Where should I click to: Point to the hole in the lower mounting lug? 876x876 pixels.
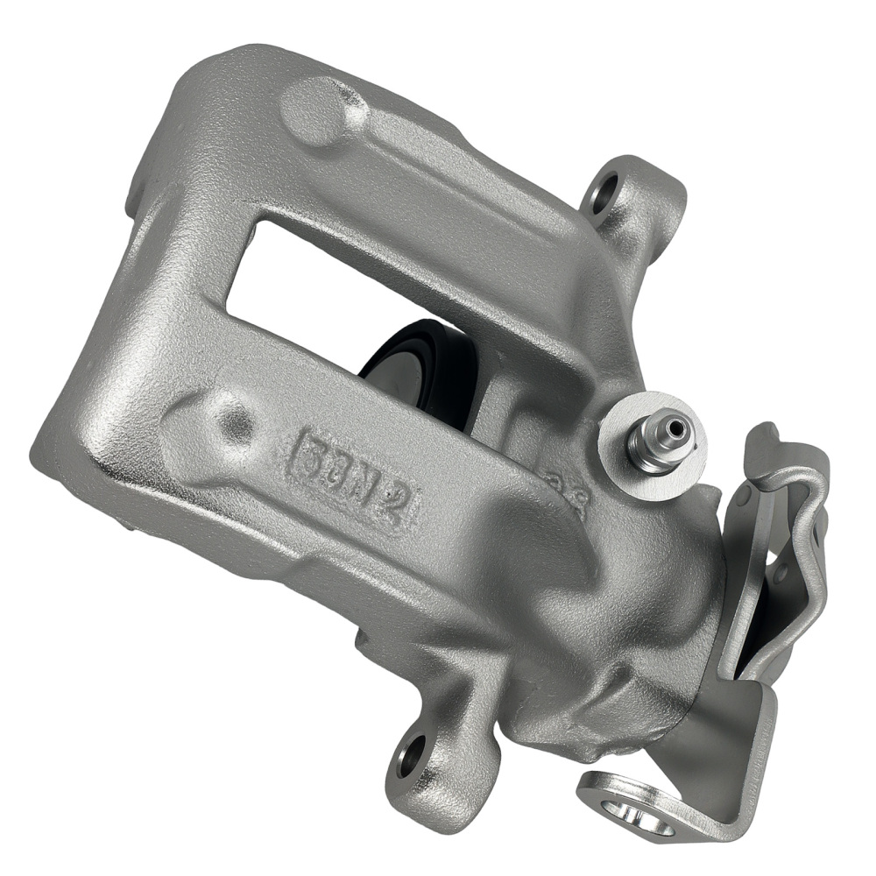tap(409, 754)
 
